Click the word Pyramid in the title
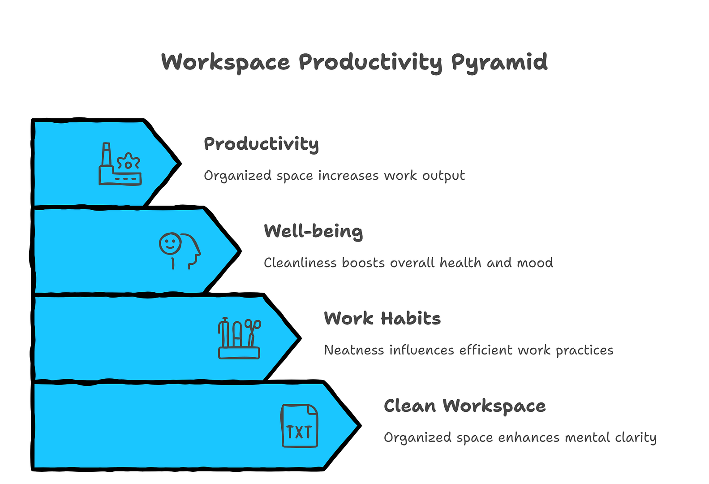499,63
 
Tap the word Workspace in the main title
225,63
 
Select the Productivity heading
261,144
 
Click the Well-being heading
314,232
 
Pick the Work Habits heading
382,318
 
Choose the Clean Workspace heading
464,406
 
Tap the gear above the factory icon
128,162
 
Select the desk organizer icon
239,338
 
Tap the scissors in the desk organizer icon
253,333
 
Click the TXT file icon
300,425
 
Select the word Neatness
354,350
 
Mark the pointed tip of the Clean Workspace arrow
361,426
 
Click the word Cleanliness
300,263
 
